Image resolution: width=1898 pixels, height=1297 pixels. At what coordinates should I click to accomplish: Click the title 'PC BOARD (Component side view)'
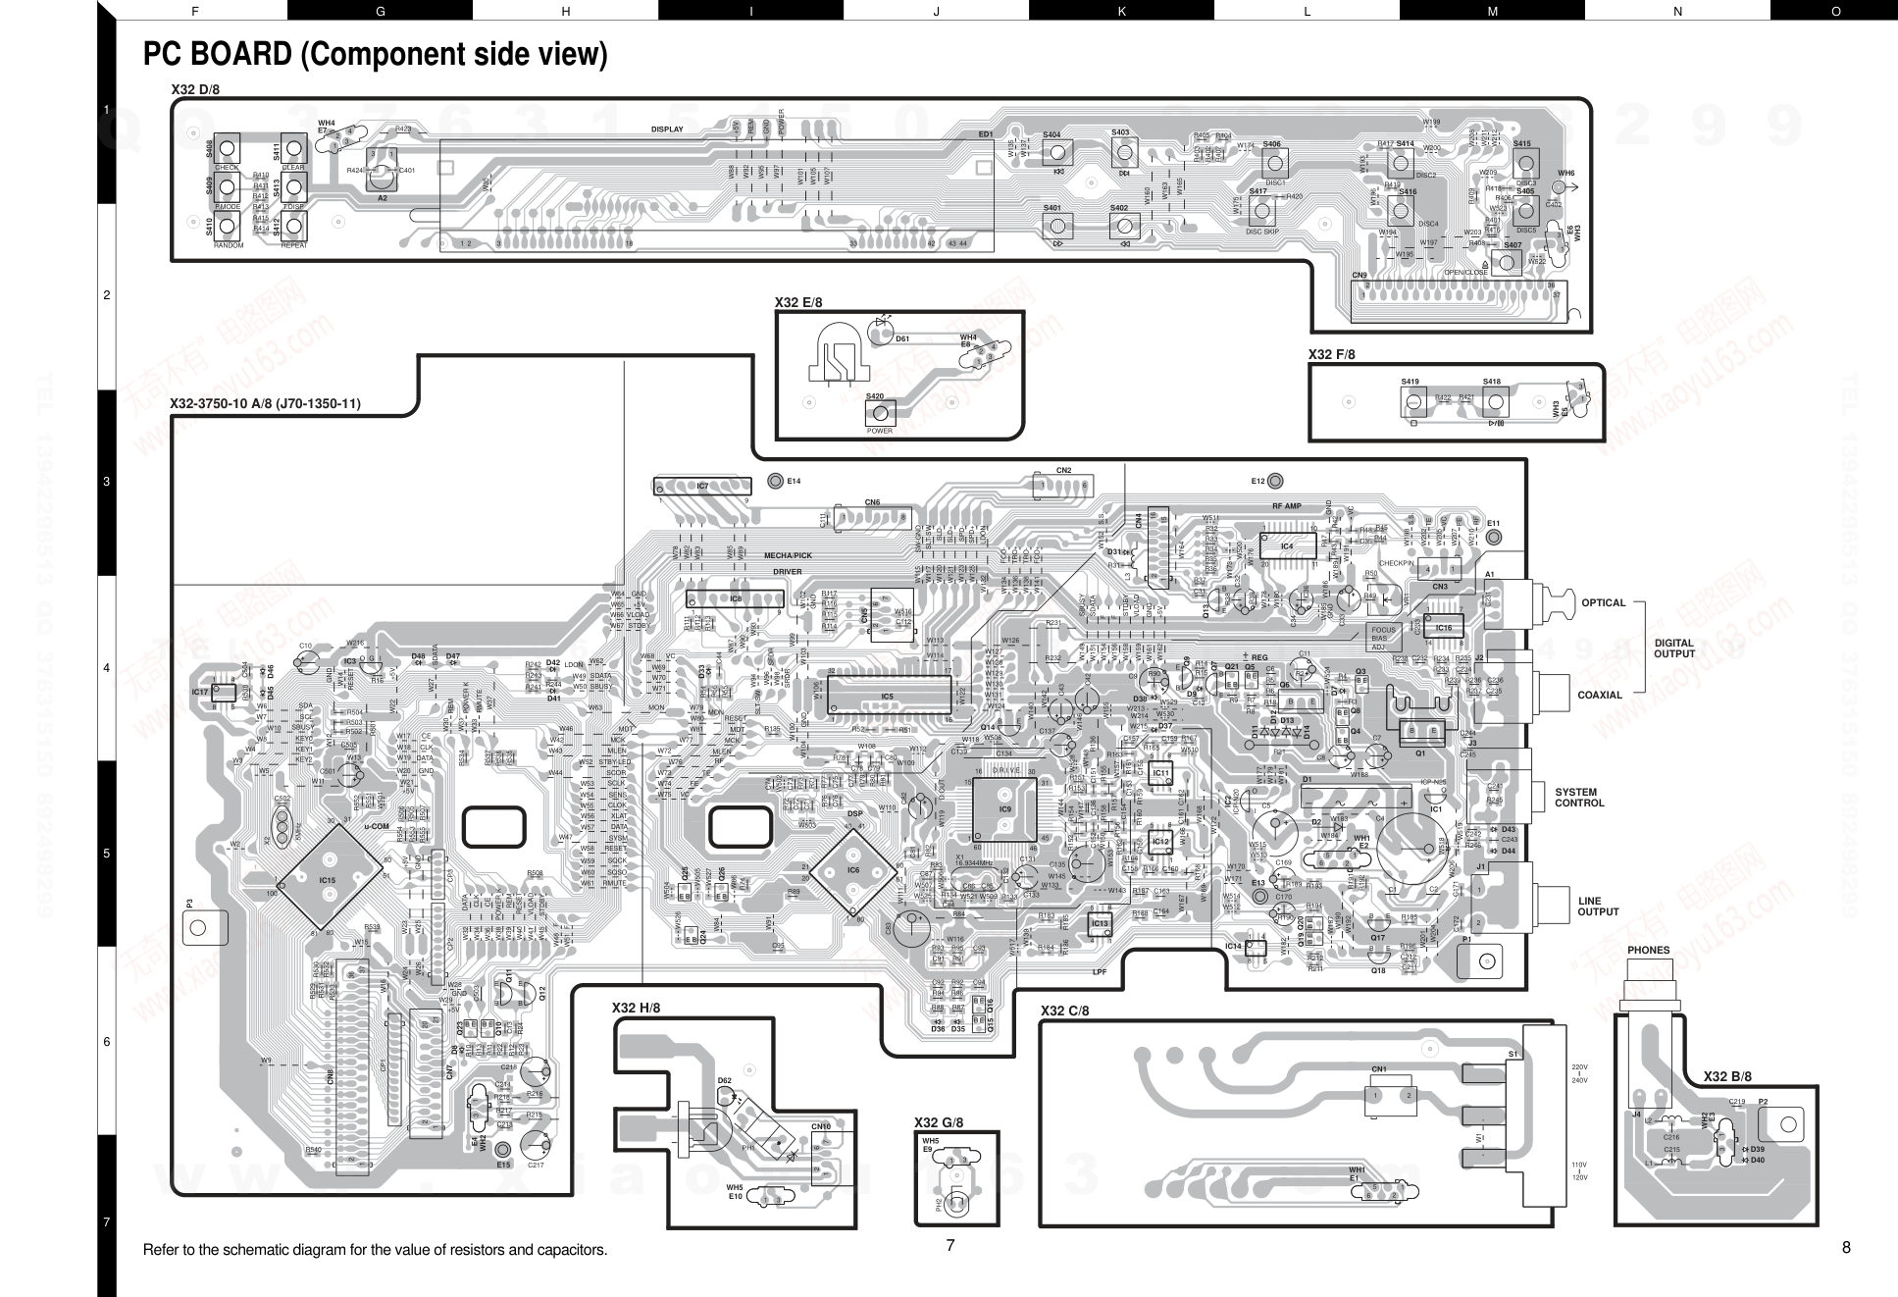(x=375, y=54)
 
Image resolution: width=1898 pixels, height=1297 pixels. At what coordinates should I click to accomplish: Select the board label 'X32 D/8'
(x=195, y=89)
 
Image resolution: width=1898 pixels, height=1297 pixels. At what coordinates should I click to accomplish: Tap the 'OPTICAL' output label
(x=1603, y=603)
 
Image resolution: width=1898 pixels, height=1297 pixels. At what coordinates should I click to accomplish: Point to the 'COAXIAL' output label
(x=1600, y=696)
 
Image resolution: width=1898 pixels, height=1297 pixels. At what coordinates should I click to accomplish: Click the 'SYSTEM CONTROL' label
(x=1579, y=798)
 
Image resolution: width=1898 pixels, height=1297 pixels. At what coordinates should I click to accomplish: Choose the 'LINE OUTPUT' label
(x=1597, y=907)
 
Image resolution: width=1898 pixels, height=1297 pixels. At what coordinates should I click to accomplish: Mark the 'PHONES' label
(x=1648, y=950)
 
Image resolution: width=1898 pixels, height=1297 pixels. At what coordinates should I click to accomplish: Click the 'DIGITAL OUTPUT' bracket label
(x=1673, y=648)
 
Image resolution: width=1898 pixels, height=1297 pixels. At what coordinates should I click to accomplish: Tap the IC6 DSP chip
(x=853, y=869)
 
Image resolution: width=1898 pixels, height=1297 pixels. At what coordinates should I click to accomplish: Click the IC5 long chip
(x=888, y=696)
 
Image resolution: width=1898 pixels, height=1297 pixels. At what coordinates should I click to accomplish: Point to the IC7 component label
(x=702, y=486)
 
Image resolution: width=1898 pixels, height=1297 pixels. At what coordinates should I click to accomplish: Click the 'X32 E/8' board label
(x=798, y=302)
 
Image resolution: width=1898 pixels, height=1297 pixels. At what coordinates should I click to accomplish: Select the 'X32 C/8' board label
(x=1064, y=1011)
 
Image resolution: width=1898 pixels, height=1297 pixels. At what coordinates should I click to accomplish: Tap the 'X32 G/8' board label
(x=939, y=1122)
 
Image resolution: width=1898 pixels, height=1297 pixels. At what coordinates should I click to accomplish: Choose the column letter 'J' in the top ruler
(x=936, y=11)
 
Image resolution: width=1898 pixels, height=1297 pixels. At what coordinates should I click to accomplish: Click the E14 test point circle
(x=775, y=481)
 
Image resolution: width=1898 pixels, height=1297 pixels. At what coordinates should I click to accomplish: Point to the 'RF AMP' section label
(x=1286, y=506)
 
